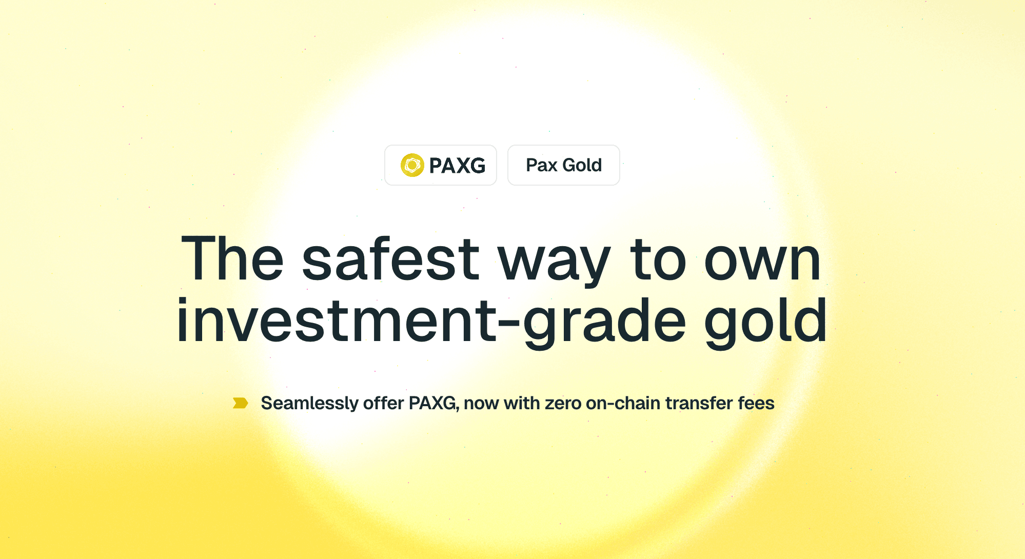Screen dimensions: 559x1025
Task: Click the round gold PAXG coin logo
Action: tap(412, 165)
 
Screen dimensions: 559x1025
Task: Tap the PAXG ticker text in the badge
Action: tap(457, 166)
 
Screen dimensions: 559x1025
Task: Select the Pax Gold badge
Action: tap(563, 165)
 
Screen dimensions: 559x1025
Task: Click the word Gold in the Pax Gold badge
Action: tap(582, 165)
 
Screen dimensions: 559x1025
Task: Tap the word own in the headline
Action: tap(762, 261)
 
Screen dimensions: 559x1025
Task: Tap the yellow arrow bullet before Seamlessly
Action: tap(240, 403)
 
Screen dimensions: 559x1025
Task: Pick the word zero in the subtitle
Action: tap(563, 404)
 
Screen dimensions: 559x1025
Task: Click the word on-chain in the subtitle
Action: tap(623, 404)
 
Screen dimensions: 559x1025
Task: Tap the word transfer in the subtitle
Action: tap(699, 404)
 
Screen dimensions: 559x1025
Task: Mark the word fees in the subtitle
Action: tap(756, 404)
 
